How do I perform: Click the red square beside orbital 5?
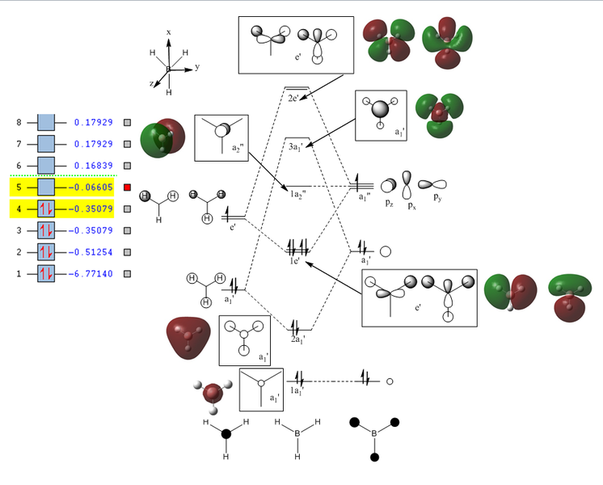tap(127, 188)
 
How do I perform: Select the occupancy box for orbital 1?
tap(46, 274)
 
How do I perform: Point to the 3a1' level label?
tap(297, 149)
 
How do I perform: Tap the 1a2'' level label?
tap(297, 195)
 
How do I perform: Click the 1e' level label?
tap(297, 261)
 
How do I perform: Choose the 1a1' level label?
tap(297, 391)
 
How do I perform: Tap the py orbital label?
tap(437, 197)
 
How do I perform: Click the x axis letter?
tap(168, 32)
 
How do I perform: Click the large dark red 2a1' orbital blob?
tap(188, 336)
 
